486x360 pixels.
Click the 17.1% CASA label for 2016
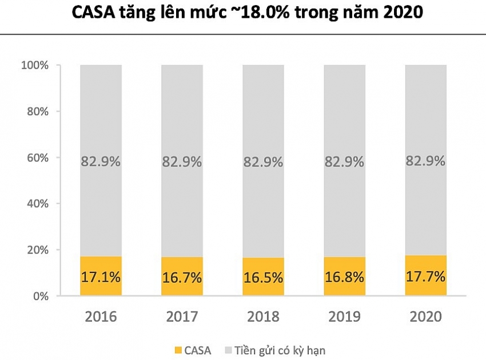click(101, 278)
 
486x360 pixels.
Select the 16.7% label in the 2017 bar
click(182, 278)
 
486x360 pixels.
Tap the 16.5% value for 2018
click(263, 278)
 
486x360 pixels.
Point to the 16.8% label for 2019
click(344, 278)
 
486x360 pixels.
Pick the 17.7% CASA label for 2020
click(425, 278)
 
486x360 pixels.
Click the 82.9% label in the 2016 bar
click(101, 162)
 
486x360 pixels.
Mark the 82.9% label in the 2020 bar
click(425, 161)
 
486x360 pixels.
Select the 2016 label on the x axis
click(101, 316)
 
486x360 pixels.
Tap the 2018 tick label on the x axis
click(263, 316)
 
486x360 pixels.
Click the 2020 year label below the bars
click(425, 316)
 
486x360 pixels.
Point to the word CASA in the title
click(95, 13)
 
